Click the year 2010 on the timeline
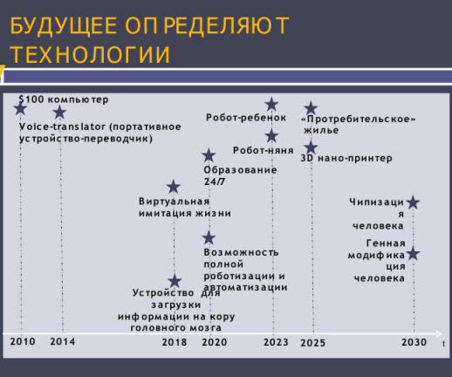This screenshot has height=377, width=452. (x=23, y=341)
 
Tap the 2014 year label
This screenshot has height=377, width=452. (x=63, y=341)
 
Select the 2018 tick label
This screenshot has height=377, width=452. (x=175, y=342)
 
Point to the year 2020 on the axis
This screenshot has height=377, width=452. (x=215, y=342)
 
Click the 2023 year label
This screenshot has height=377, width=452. (x=276, y=342)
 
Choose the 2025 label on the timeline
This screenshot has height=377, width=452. (x=312, y=343)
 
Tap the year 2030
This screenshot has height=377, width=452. (x=414, y=342)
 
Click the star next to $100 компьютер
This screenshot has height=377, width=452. (x=20, y=108)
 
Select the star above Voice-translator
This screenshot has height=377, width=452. (x=60, y=112)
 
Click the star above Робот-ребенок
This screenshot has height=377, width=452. (x=271, y=104)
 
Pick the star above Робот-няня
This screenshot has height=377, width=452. (x=271, y=135)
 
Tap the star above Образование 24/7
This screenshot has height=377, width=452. (x=209, y=155)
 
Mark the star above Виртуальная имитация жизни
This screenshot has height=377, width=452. (x=174, y=187)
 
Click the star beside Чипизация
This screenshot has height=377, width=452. (x=413, y=202)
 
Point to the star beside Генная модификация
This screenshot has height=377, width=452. (x=413, y=254)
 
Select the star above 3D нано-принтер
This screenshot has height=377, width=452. (x=311, y=147)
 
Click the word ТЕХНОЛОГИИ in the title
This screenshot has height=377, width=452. (x=91, y=54)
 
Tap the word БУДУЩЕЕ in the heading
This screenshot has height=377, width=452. (x=64, y=25)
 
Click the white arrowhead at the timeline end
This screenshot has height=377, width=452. (x=439, y=334)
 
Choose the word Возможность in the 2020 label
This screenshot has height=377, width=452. (x=241, y=252)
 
